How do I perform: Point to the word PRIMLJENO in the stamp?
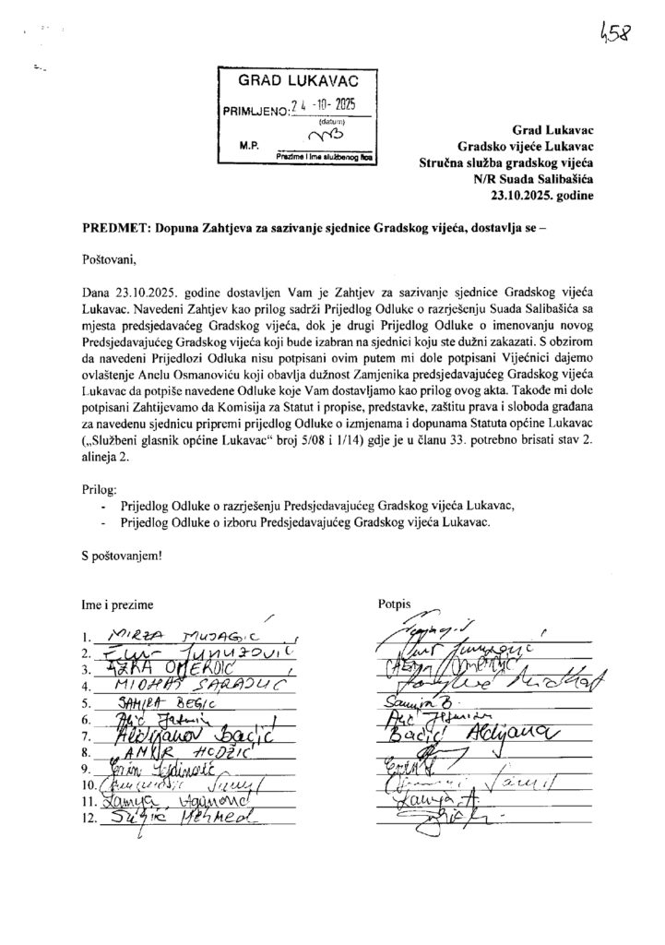[255, 110]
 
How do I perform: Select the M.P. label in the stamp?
[249, 146]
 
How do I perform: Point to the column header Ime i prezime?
[117, 604]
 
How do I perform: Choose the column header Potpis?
[392, 604]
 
